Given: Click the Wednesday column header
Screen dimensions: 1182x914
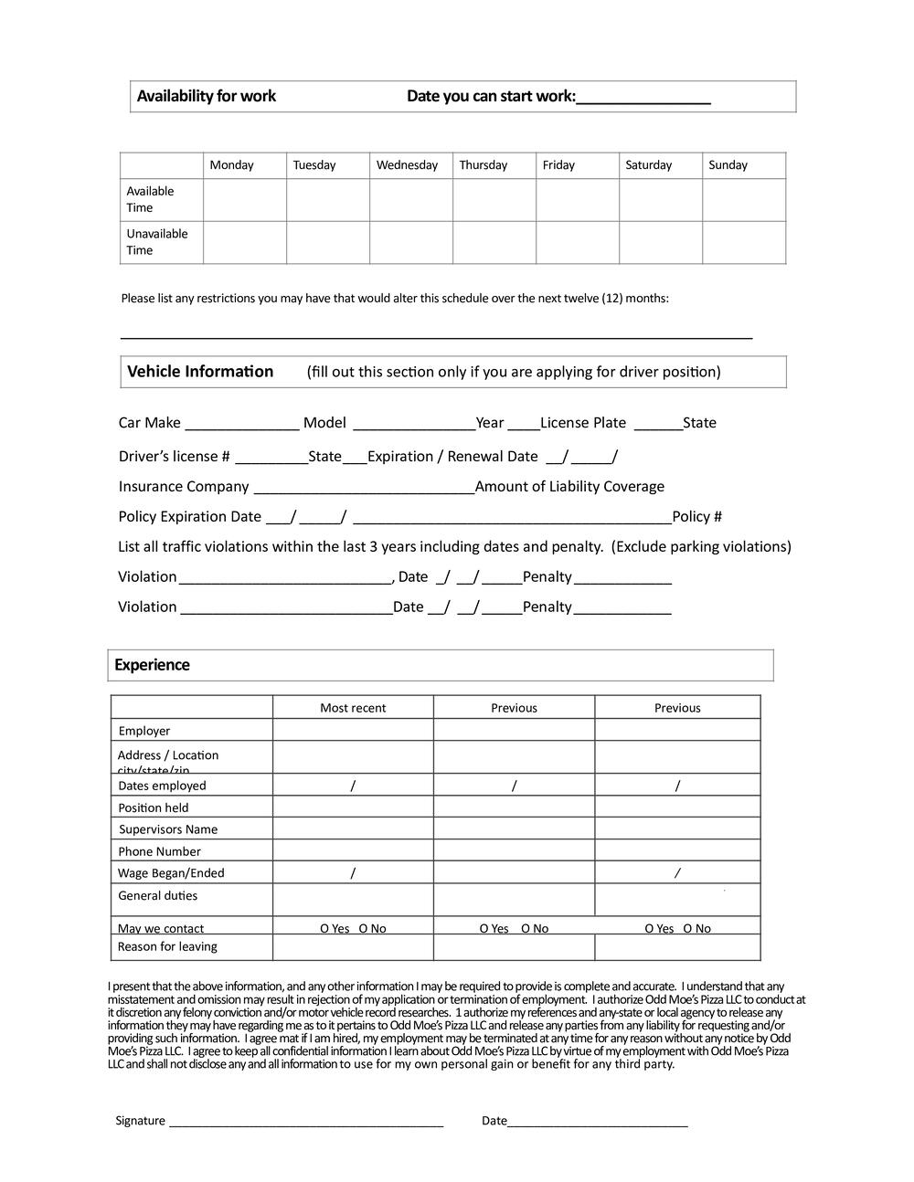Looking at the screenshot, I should tap(407, 165).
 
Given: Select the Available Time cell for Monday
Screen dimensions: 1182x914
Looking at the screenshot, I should tap(245, 200).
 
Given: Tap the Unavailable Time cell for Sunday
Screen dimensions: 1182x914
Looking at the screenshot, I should tap(744, 243).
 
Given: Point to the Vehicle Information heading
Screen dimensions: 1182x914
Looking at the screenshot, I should tap(200, 372).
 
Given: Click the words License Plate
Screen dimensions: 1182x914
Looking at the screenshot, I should tap(583, 423).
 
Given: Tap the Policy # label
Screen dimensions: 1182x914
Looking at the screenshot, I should tap(696, 517).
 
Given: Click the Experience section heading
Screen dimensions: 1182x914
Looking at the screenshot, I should tap(152, 665).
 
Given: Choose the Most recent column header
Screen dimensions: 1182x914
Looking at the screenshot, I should tap(353, 708).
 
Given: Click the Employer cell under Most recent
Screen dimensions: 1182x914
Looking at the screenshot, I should tap(353, 730).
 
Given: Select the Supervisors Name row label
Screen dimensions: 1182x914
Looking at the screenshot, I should tap(168, 829).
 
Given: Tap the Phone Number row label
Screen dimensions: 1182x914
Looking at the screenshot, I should tap(159, 851).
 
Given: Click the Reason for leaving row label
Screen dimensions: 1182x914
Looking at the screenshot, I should tap(167, 946).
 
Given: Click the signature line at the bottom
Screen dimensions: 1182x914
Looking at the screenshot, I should tap(306, 1122).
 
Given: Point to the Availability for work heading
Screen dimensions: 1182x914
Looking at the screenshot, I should tap(207, 97).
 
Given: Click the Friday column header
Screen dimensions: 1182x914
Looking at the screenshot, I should tap(558, 165).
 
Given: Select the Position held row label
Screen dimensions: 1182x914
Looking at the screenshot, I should tap(153, 807).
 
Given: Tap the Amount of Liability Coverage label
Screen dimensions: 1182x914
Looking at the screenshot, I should tap(569, 487).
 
